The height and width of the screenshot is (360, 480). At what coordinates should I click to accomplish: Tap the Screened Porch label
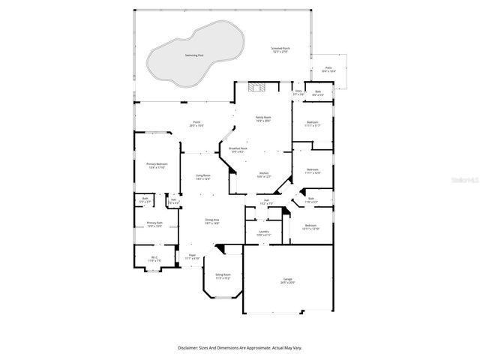(281, 49)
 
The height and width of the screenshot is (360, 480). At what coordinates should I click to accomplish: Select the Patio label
(328, 68)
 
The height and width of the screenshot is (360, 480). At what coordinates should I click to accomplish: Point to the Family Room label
(263, 118)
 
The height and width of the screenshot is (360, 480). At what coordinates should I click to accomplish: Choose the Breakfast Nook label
(238, 149)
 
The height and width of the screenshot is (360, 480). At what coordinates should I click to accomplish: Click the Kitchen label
(264, 173)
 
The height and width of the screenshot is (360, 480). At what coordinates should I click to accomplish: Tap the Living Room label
(202, 176)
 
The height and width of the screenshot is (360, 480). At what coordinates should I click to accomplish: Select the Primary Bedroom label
(157, 164)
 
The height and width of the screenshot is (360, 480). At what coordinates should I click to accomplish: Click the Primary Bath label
(154, 223)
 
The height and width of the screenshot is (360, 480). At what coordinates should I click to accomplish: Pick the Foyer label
(192, 256)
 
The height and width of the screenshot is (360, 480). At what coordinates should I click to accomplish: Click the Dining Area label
(212, 220)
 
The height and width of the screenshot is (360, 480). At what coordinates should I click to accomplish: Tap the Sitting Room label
(223, 275)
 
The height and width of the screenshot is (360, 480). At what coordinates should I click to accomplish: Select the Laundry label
(263, 232)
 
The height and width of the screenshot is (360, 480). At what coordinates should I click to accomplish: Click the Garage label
(288, 280)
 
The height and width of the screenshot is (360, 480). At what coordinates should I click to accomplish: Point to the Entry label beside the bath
(298, 92)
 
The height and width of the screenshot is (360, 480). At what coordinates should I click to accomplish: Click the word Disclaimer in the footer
(188, 348)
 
